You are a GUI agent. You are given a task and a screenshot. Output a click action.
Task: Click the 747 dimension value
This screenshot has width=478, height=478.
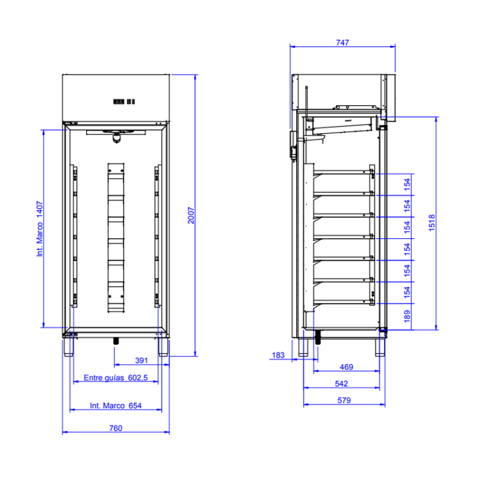tap(342, 42)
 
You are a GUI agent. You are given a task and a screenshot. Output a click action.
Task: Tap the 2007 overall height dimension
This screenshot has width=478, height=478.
tap(191, 215)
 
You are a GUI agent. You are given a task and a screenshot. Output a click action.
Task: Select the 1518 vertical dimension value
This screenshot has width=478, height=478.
tap(431, 222)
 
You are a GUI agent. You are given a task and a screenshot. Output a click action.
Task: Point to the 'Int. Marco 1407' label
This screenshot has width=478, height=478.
tap(39, 229)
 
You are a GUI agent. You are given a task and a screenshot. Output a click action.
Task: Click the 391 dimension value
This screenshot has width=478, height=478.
tap(142, 360)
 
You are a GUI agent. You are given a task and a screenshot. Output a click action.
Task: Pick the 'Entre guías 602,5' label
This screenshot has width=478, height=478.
tap(115, 378)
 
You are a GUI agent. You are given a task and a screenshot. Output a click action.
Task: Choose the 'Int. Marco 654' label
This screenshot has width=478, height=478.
tap(115, 406)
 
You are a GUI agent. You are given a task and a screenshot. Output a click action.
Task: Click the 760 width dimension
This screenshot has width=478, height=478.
tap(115, 428)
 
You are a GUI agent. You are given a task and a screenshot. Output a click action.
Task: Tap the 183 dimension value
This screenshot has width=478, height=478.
tap(278, 355)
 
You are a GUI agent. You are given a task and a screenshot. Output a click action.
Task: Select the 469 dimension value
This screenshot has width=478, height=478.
tap(347, 367)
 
